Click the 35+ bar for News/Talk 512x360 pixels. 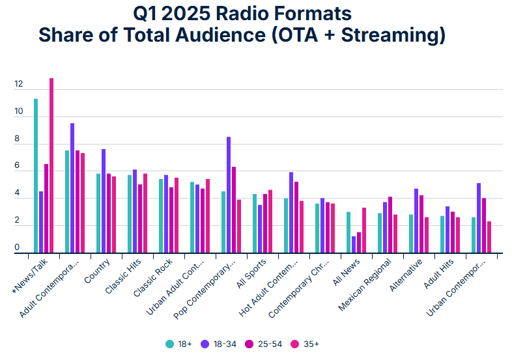51,165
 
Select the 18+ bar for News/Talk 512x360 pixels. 36,176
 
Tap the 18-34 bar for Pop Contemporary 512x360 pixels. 229,195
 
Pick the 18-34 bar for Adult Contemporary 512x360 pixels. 72,188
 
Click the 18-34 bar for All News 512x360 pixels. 354,244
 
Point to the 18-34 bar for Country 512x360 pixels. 104,201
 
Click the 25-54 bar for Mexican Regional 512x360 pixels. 390,225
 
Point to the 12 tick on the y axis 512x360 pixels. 18,85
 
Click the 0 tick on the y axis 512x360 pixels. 18,248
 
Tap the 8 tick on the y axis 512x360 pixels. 18,139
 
